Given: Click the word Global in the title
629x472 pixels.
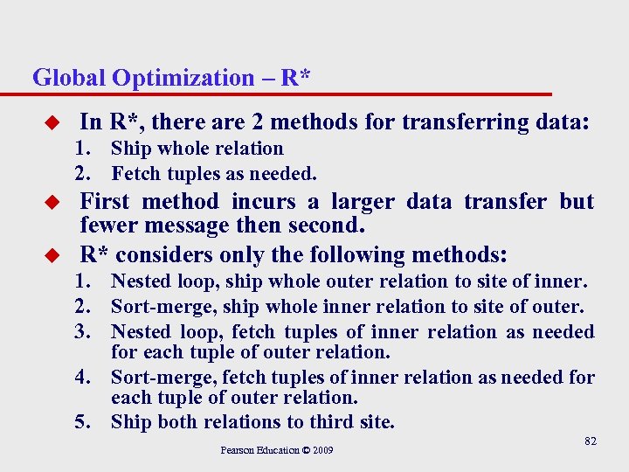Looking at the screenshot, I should [68, 78].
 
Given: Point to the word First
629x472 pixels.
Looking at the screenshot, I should [105, 202].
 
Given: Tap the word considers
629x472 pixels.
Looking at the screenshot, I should [161, 255].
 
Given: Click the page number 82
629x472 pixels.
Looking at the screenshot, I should [591, 441].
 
